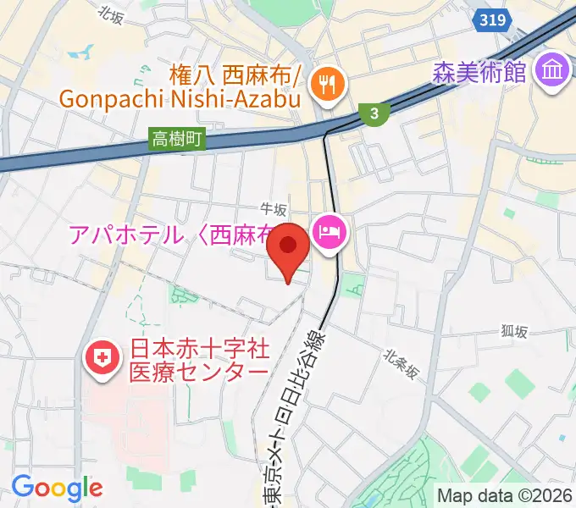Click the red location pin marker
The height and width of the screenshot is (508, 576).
(288, 248)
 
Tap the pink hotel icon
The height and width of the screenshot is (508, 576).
(328, 232)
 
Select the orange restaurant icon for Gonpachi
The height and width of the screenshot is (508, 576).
(324, 82)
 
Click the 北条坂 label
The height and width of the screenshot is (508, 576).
(401, 364)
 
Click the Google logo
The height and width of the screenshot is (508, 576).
(57, 488)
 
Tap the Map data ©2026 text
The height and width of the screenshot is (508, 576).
(505, 495)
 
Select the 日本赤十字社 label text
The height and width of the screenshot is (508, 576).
(198, 348)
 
